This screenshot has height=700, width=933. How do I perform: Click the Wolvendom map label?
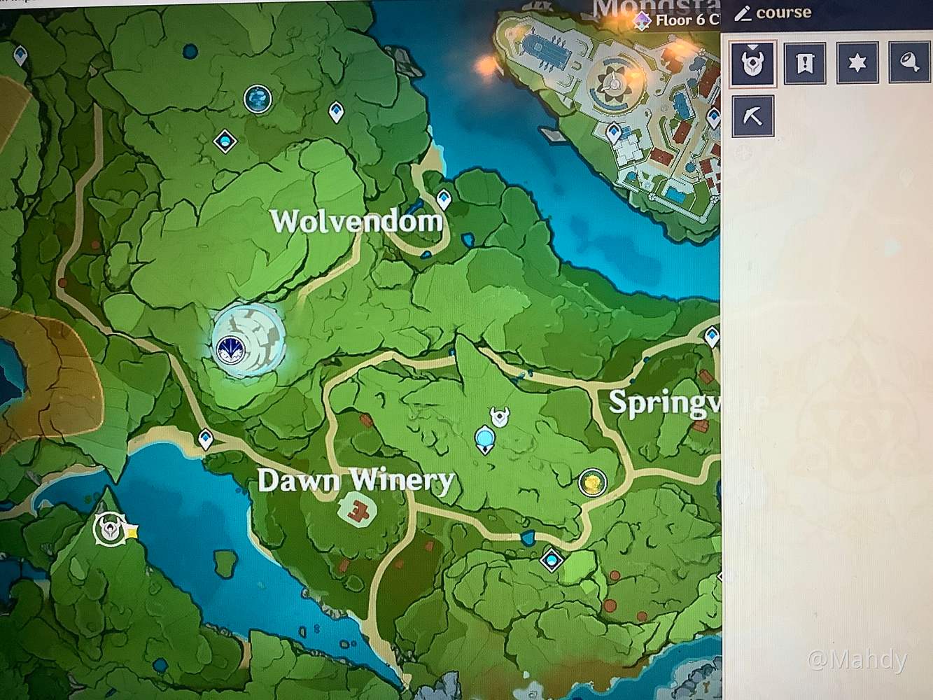356,221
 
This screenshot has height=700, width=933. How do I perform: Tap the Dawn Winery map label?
356,480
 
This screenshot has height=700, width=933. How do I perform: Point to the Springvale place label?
661,404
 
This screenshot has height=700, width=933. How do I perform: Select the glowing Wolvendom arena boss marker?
248,341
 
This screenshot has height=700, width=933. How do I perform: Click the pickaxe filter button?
753,115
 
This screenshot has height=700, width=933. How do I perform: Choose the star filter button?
857,63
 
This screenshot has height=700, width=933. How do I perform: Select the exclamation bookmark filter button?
805,63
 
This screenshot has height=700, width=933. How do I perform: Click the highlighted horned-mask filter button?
752,63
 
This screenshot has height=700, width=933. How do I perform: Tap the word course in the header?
783,13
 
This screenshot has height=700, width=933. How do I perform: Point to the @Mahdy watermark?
857,659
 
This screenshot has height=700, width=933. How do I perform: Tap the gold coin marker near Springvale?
592,482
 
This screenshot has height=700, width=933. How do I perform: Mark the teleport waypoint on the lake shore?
205,439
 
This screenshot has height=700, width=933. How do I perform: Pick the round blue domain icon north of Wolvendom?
258,99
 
